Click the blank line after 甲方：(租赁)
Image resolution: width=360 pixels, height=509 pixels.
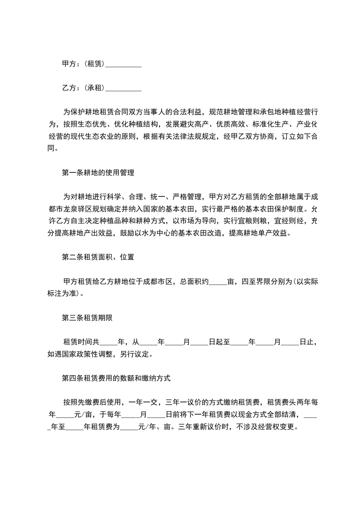(x=123, y=65)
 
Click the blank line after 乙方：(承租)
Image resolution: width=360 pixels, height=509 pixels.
(x=123, y=88)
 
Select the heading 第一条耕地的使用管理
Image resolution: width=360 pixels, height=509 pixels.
(x=98, y=173)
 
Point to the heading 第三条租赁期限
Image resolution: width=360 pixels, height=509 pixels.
(x=87, y=318)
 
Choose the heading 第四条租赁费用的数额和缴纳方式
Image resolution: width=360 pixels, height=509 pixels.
(x=116, y=377)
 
